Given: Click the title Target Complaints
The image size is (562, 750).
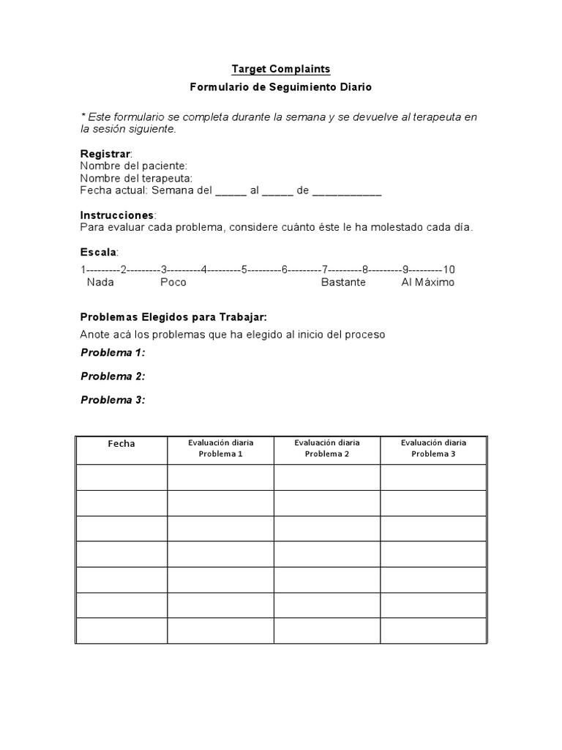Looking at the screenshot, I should click(x=281, y=69).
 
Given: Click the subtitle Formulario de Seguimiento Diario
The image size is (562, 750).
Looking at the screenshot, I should click(x=281, y=87).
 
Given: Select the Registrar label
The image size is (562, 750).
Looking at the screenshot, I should click(x=105, y=154).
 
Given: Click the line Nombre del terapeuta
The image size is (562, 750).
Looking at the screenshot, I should click(x=137, y=178).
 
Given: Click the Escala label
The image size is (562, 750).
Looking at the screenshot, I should click(x=99, y=253).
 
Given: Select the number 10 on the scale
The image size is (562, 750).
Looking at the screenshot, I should click(x=449, y=269).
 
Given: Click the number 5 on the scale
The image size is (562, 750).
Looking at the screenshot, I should click(x=244, y=269).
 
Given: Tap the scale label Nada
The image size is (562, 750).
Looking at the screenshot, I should click(x=100, y=282).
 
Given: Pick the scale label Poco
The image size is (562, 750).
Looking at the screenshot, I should click(x=173, y=282).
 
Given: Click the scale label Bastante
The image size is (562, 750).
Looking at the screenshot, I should click(x=343, y=282).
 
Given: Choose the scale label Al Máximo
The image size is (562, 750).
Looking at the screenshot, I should click(x=427, y=282).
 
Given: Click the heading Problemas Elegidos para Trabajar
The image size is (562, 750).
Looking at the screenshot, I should click(x=173, y=317).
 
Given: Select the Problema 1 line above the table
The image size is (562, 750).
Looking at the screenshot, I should click(x=113, y=352).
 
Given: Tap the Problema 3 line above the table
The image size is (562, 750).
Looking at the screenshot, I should click(x=113, y=399).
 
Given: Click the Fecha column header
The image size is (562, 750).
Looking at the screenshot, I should click(x=121, y=444).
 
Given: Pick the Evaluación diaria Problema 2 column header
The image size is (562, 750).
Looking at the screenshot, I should click(x=326, y=448).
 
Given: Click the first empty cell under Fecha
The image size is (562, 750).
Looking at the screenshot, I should click(x=121, y=477).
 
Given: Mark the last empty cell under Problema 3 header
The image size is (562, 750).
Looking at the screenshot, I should click(x=432, y=631).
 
